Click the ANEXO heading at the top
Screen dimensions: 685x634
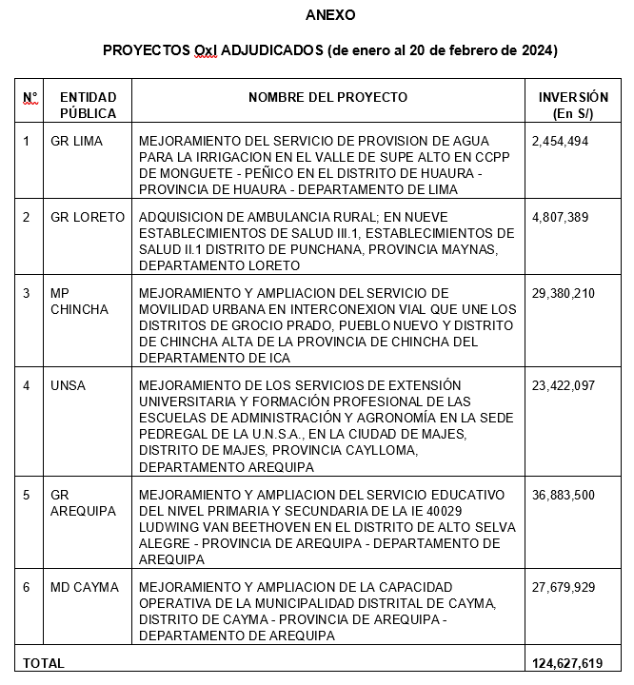tap(330, 15)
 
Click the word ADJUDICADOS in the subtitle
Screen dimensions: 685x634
tap(272, 49)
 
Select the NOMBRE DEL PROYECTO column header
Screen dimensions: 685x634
tap(327, 97)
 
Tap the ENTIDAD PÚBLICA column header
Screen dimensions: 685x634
tap(88, 106)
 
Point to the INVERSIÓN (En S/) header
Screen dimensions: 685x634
tap(573, 106)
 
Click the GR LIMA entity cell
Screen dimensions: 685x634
tap(76, 141)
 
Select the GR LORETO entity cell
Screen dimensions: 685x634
tap(88, 217)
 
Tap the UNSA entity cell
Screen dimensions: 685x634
tap(67, 384)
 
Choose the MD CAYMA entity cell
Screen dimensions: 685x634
tap(85, 587)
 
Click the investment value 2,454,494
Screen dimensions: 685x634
tap(561, 141)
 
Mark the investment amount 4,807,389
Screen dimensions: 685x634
tap(561, 217)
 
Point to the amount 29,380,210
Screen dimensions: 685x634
tap(564, 293)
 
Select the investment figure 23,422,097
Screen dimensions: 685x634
tap(564, 384)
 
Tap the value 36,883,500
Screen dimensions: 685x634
tap(564, 496)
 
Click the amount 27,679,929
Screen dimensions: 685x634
tap(564, 587)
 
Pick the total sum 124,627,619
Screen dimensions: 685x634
tap(568, 663)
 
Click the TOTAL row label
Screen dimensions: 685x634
tap(44, 663)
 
